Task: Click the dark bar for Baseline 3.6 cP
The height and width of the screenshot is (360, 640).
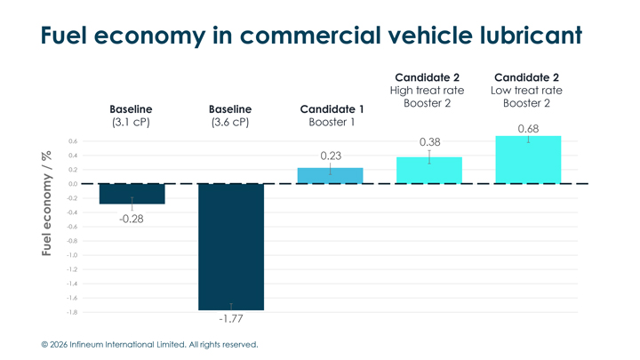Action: pyautogui.click(x=231, y=246)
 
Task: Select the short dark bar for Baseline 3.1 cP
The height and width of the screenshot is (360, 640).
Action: pyautogui.click(x=132, y=194)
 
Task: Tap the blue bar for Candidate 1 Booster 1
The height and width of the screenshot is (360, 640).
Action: pyautogui.click(x=330, y=175)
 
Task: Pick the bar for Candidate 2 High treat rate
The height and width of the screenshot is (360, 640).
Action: pyautogui.click(x=428, y=170)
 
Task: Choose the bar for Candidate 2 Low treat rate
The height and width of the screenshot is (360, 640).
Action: pyautogui.click(x=528, y=160)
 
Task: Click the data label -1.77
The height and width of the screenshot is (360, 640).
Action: pyautogui.click(x=231, y=318)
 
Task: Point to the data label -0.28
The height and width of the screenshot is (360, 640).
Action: pyautogui.click(x=132, y=219)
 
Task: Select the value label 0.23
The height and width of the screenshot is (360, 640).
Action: pyautogui.click(x=331, y=156)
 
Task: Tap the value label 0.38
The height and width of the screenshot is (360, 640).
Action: pyautogui.click(x=429, y=142)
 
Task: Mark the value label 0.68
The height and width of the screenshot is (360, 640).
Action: pyautogui.click(x=528, y=129)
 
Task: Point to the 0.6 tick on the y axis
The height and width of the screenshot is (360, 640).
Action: pyautogui.click(x=72, y=141)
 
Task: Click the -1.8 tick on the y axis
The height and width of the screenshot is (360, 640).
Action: pyautogui.click(x=71, y=312)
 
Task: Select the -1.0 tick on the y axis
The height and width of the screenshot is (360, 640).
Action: pyautogui.click(x=71, y=255)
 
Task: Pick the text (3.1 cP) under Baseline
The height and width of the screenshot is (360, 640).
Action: pyautogui.click(x=132, y=123)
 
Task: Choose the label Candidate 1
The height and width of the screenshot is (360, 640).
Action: pyautogui.click(x=331, y=109)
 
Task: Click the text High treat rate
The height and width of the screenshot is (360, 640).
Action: pyautogui.click(x=428, y=91)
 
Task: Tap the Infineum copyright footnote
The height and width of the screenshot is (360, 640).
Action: pyautogui.click(x=149, y=344)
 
